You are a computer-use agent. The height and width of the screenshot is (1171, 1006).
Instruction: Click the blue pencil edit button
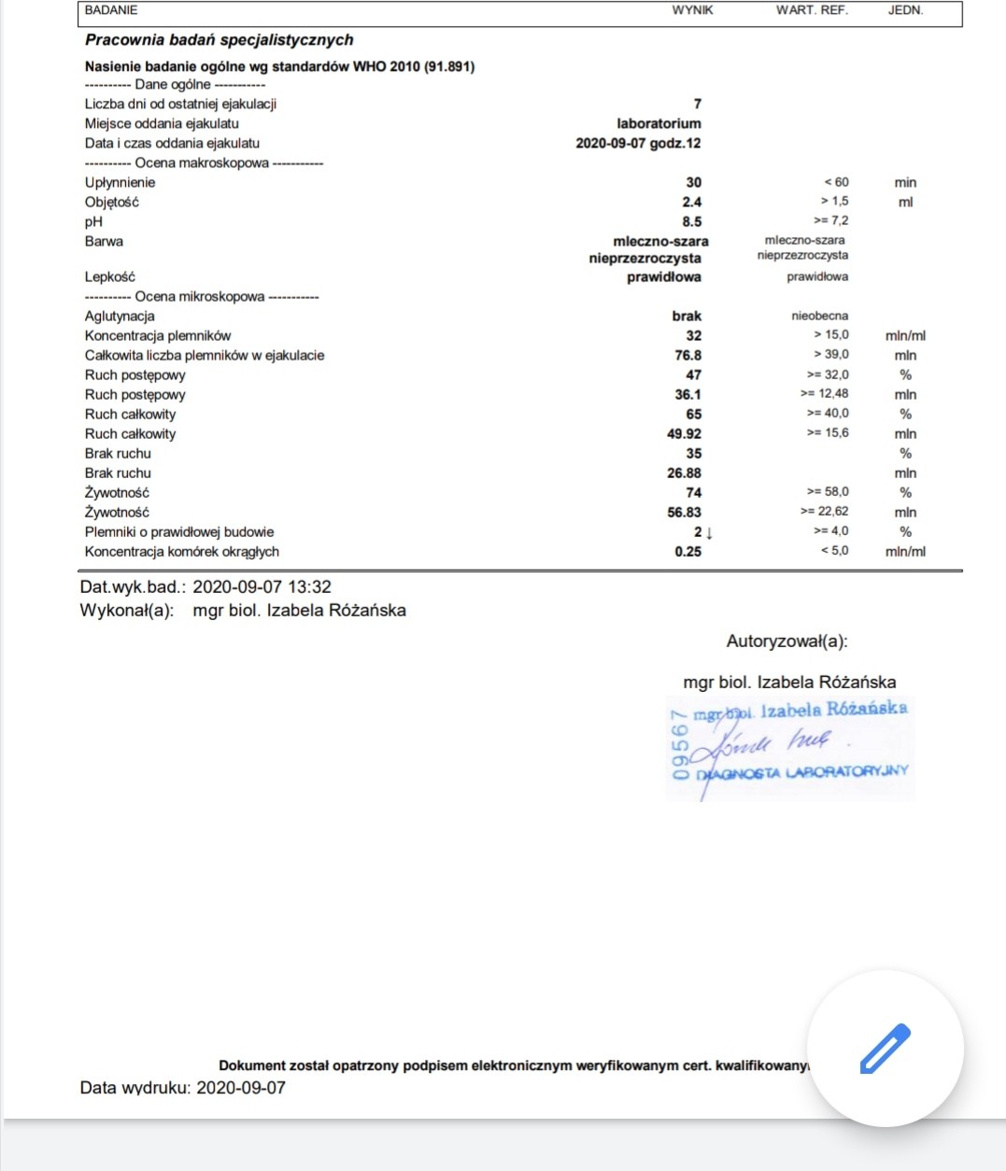click(885, 1048)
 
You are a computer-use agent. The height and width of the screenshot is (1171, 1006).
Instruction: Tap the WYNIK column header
click(692, 10)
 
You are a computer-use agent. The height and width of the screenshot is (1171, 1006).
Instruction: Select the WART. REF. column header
click(812, 10)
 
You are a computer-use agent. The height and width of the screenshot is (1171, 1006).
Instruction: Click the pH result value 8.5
click(691, 221)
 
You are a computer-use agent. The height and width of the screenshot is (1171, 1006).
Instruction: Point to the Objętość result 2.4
click(691, 202)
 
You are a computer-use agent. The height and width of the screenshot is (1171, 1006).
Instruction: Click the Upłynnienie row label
click(120, 182)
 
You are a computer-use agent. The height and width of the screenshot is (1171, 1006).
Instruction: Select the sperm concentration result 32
click(693, 335)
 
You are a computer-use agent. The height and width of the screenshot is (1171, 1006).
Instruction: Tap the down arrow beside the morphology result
click(709, 532)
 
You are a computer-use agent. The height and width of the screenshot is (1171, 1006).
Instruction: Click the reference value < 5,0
click(834, 551)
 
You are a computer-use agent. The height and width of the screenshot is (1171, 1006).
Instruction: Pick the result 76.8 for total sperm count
click(687, 355)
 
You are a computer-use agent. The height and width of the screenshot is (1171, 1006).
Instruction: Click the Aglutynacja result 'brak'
click(687, 316)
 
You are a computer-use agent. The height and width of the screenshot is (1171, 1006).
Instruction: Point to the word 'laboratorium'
click(659, 123)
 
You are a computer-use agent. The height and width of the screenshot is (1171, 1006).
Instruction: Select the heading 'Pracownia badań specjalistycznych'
click(219, 39)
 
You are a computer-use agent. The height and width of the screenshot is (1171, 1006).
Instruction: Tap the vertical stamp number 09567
click(680, 744)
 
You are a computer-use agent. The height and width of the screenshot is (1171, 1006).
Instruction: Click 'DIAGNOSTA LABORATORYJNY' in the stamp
click(801, 772)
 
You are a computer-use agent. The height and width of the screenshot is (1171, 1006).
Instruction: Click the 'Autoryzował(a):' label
click(786, 642)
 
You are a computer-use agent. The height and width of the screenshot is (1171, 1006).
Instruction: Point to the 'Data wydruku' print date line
click(182, 1087)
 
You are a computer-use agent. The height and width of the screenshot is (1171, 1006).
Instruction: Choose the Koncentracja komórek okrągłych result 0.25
click(687, 551)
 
